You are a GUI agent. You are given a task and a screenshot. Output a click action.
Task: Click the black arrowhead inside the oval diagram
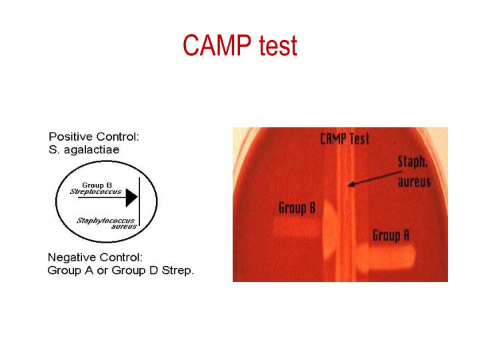[x=131, y=197]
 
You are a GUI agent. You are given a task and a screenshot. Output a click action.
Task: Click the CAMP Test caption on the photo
[x=344, y=139]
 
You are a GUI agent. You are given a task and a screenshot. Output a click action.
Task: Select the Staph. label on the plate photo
[x=413, y=162]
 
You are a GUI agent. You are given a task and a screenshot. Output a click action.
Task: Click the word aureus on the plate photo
[x=414, y=182]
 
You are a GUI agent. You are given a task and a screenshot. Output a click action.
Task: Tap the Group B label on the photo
[x=297, y=209]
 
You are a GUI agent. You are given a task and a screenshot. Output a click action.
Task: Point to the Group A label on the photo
[x=391, y=235]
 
